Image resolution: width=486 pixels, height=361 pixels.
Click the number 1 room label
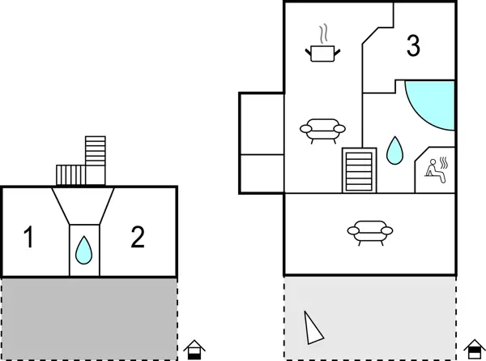29,239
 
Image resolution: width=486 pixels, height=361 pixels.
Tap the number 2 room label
138,237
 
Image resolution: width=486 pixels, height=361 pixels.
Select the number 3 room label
413,46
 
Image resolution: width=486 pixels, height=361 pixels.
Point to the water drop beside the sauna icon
394,150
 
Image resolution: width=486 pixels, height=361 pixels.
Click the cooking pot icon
322,54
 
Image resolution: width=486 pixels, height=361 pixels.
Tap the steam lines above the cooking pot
323,34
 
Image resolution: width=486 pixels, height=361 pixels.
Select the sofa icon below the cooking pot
322,129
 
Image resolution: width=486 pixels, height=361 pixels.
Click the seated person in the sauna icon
434,170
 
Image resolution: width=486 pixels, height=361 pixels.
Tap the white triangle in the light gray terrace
312,329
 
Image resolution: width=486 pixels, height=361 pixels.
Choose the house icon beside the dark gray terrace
194,350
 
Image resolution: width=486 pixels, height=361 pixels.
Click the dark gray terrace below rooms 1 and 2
89,317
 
